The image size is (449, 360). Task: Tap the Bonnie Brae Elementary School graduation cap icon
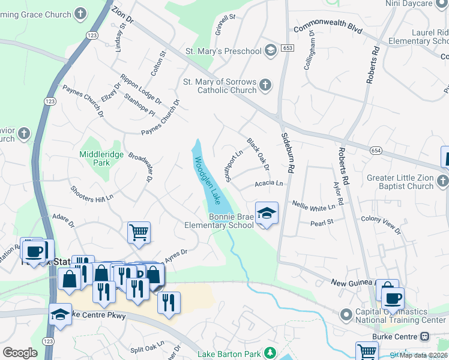tap(267, 213)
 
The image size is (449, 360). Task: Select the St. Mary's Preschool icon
tap(270, 51)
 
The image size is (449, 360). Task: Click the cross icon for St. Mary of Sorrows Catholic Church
tap(265, 86)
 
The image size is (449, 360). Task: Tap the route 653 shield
tap(288, 47)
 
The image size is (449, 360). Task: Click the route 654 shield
tap(376, 150)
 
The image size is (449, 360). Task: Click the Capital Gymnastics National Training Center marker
tap(345, 315)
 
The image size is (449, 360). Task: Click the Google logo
tap(20, 353)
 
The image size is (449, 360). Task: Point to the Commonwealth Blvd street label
tap(328, 29)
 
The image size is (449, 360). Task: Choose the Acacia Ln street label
tap(268, 183)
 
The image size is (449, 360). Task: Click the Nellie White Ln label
tap(313, 208)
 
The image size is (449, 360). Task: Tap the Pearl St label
tap(321, 223)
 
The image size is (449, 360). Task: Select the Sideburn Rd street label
tap(286, 154)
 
